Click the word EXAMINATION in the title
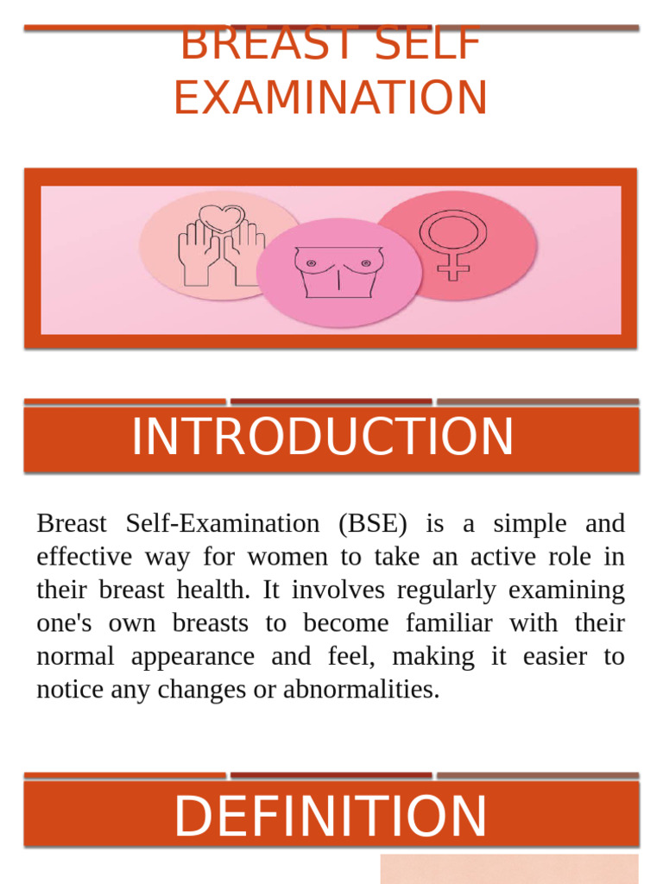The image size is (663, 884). click(x=331, y=98)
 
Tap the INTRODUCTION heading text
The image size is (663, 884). click(x=322, y=438)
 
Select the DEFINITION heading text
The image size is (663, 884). click(x=331, y=817)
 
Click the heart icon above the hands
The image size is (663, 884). click(x=222, y=218)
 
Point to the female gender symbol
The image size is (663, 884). click(x=453, y=243)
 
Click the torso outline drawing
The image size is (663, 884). click(x=338, y=271)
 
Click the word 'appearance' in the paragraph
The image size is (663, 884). click(x=193, y=657)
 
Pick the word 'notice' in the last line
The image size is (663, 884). click(x=69, y=690)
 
